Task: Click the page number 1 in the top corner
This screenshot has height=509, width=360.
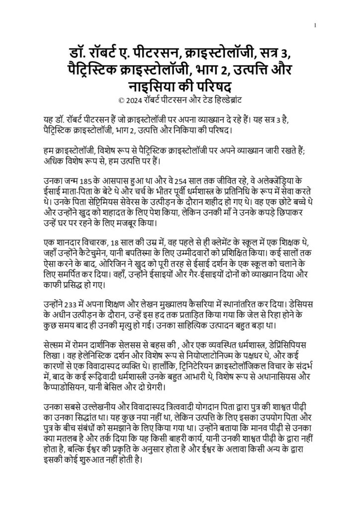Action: (316, 25)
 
